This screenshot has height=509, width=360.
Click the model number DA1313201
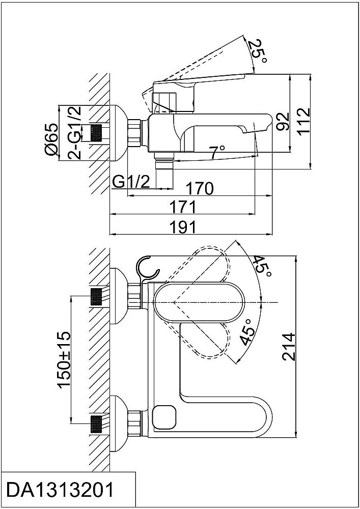pos(59,491)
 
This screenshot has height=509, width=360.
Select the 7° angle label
pos(217,151)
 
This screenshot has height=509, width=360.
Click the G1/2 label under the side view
pos(131,182)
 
